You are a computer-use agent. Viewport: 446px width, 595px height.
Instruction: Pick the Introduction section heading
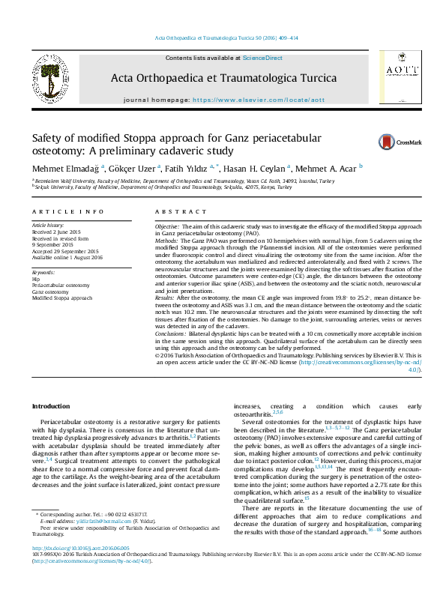[x=50, y=406]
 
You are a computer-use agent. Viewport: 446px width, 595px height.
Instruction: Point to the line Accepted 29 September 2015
[x=64, y=251]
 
